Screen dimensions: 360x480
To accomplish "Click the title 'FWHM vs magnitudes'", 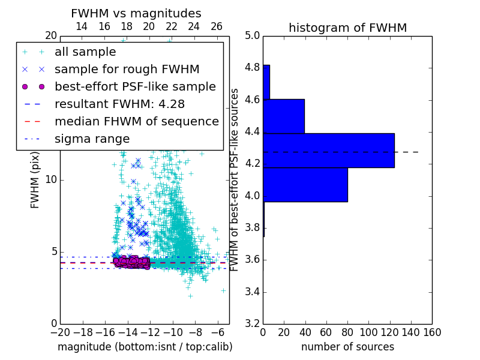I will point(136,13).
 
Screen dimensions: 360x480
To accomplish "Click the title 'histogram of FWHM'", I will point(347,28).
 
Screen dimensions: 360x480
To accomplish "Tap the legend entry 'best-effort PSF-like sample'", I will point(135,86).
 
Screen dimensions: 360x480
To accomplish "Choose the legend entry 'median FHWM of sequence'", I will point(137,121).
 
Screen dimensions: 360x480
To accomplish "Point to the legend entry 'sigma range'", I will point(92,139).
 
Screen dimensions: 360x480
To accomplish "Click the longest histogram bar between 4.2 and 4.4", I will point(329,150).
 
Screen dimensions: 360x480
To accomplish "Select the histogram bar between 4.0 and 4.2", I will point(305,185).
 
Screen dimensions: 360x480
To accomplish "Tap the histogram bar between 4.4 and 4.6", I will point(284,116).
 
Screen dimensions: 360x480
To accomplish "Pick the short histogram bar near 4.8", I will point(266,82).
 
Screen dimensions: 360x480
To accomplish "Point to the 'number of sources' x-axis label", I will point(347,347).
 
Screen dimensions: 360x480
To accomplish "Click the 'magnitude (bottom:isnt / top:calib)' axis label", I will point(145,347).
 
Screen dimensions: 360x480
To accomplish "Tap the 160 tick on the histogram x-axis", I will point(431,331).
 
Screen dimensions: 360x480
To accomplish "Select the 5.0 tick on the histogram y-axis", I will point(252,35).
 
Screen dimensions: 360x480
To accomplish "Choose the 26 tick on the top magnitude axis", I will point(217,26).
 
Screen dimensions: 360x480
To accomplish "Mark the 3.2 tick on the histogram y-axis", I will point(252,323).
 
